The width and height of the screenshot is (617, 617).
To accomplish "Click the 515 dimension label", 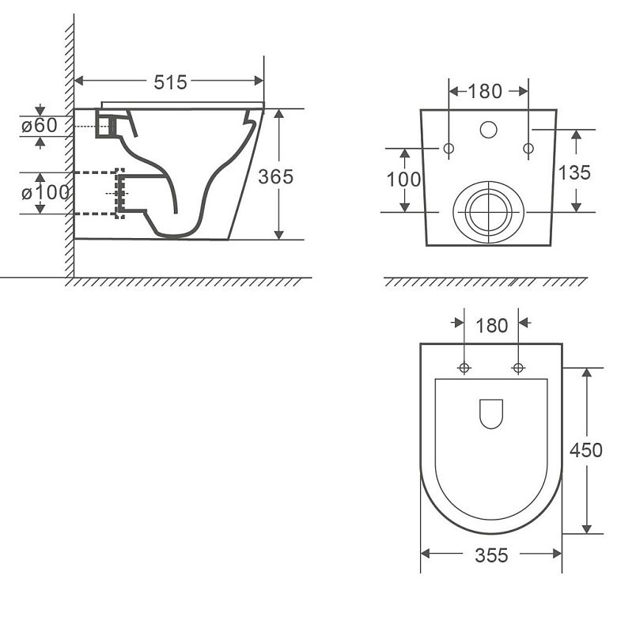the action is point(170,82).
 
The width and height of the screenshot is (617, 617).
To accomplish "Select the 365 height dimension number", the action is point(275,176).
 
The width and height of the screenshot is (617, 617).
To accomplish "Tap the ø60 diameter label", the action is point(40,126).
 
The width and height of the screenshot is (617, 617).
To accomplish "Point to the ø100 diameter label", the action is point(45,193).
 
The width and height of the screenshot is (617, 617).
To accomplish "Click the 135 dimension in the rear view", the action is point(574,172).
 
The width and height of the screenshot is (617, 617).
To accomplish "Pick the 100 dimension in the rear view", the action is point(403,180).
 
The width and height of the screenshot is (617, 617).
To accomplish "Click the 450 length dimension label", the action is point(586,450).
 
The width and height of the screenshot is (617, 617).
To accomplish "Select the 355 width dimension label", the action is point(491,555).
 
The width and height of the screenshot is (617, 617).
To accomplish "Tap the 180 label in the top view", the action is point(491,326).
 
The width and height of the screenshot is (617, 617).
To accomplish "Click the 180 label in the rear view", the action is point(485,92).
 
